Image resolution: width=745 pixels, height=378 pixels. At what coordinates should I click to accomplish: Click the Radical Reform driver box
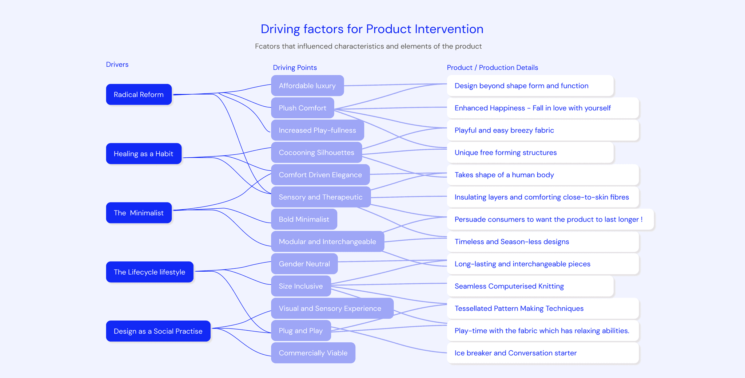(139, 95)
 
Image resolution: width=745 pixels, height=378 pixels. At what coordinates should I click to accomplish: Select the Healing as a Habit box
(143, 154)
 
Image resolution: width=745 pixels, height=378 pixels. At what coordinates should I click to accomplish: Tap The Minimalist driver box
(139, 213)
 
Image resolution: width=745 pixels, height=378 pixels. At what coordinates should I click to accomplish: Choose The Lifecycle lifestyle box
(149, 272)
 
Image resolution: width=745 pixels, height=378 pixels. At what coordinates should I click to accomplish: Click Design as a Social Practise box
(158, 331)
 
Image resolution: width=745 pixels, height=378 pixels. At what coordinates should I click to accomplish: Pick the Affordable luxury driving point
(307, 86)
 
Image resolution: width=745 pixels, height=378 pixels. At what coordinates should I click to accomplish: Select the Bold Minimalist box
(304, 219)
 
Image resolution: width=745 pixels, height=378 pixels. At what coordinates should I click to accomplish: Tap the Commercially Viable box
(313, 353)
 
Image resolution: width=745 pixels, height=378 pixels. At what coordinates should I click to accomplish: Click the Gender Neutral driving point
(304, 264)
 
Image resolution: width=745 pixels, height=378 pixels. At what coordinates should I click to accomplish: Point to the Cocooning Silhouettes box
(316, 153)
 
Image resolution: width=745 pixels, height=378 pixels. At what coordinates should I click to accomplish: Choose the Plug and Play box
(300, 331)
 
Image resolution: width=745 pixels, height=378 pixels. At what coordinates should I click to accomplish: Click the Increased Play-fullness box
(317, 130)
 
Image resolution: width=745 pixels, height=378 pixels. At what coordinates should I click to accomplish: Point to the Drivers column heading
(117, 64)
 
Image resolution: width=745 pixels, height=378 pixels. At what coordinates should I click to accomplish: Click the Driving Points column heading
(295, 68)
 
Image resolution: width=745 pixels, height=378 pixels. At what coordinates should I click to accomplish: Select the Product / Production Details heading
(492, 68)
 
